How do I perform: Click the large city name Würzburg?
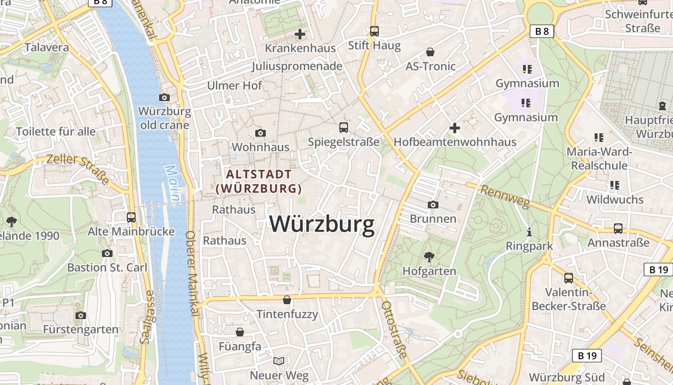[x=322, y=224]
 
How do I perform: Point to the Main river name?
[x=174, y=183]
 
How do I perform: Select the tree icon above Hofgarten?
[x=429, y=257]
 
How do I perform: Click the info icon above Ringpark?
[x=529, y=232]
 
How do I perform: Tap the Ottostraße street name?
[x=394, y=330]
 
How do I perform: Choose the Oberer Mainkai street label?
[x=191, y=274]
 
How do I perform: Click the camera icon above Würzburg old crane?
[x=164, y=97]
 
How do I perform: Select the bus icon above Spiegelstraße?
[x=343, y=128]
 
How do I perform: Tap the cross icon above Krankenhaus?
[x=300, y=34]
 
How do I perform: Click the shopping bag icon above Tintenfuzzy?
[x=287, y=300]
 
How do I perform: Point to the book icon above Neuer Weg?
[x=279, y=360]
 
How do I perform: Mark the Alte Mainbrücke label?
[x=131, y=231]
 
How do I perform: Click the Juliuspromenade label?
[x=297, y=66]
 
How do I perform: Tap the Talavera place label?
[x=47, y=47]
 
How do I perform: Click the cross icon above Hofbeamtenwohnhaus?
[x=455, y=128]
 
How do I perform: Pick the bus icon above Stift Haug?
[x=374, y=31]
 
